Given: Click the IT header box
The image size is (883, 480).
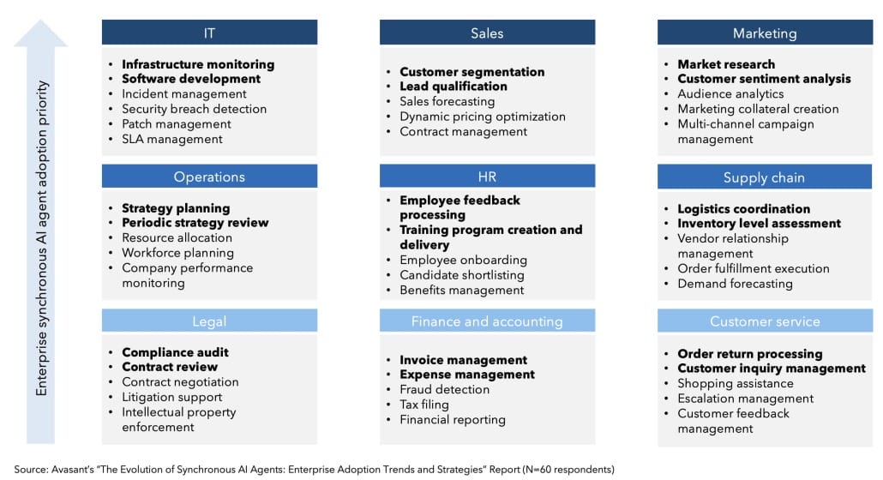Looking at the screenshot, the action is [209, 33].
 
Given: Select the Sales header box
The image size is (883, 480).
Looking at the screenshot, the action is [487, 33].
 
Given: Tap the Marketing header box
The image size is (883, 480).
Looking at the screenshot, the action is [765, 33].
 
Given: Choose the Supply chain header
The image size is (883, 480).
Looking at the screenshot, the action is [765, 177].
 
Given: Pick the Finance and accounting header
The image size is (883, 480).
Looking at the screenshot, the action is [487, 321].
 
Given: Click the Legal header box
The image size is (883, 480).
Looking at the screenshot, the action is [209, 321].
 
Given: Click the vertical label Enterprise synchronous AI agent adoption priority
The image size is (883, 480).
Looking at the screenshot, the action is [42, 238].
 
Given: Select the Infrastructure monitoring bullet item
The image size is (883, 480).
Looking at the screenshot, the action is [198, 64].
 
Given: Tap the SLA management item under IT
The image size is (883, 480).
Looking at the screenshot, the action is [171, 139].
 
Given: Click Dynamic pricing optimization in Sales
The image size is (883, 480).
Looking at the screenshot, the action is [482, 117].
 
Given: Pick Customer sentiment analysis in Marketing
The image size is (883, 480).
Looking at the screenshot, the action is [764, 79].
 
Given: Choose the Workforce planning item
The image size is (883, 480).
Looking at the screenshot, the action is [177, 253].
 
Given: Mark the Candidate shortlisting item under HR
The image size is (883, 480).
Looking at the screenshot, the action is [462, 274].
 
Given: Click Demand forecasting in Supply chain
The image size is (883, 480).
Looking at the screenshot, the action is [735, 284].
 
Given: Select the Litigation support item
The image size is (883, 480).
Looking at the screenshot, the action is [171, 397].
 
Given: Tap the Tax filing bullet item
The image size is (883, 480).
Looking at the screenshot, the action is [424, 405].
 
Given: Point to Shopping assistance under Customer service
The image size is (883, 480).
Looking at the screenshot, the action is [735, 383].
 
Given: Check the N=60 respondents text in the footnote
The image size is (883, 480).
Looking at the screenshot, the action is [568, 470].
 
